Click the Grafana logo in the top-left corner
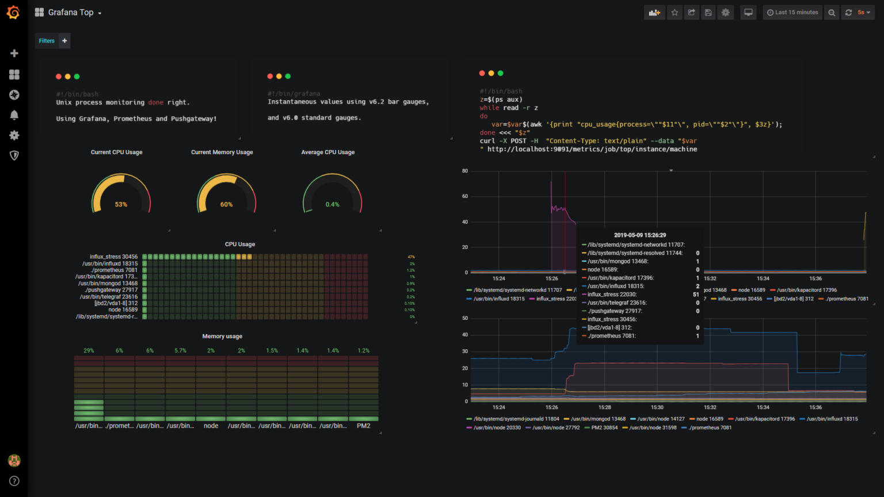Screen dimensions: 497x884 [x=13, y=12]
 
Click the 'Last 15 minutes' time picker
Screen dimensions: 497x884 [x=792, y=12]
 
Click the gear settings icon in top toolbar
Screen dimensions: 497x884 [x=726, y=12]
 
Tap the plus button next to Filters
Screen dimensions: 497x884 [x=64, y=41]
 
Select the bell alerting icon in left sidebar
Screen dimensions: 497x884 [x=14, y=115]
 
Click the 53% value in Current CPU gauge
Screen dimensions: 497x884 [x=121, y=205]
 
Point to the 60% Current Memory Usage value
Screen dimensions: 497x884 [x=226, y=205]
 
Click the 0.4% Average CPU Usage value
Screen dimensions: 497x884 [x=332, y=205]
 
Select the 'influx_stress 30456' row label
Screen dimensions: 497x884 [x=113, y=257]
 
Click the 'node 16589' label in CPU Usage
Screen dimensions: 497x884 [x=123, y=310]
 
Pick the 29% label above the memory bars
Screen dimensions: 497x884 [x=89, y=350]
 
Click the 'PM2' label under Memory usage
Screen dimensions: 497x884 [x=363, y=426]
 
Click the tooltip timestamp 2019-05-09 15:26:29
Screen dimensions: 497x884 [x=639, y=235]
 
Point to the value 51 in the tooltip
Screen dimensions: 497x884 [x=696, y=295]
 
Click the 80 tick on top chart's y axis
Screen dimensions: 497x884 [x=464, y=171]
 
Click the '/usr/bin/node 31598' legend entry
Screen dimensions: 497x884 [x=653, y=427]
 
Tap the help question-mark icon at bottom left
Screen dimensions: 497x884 [x=14, y=481]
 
